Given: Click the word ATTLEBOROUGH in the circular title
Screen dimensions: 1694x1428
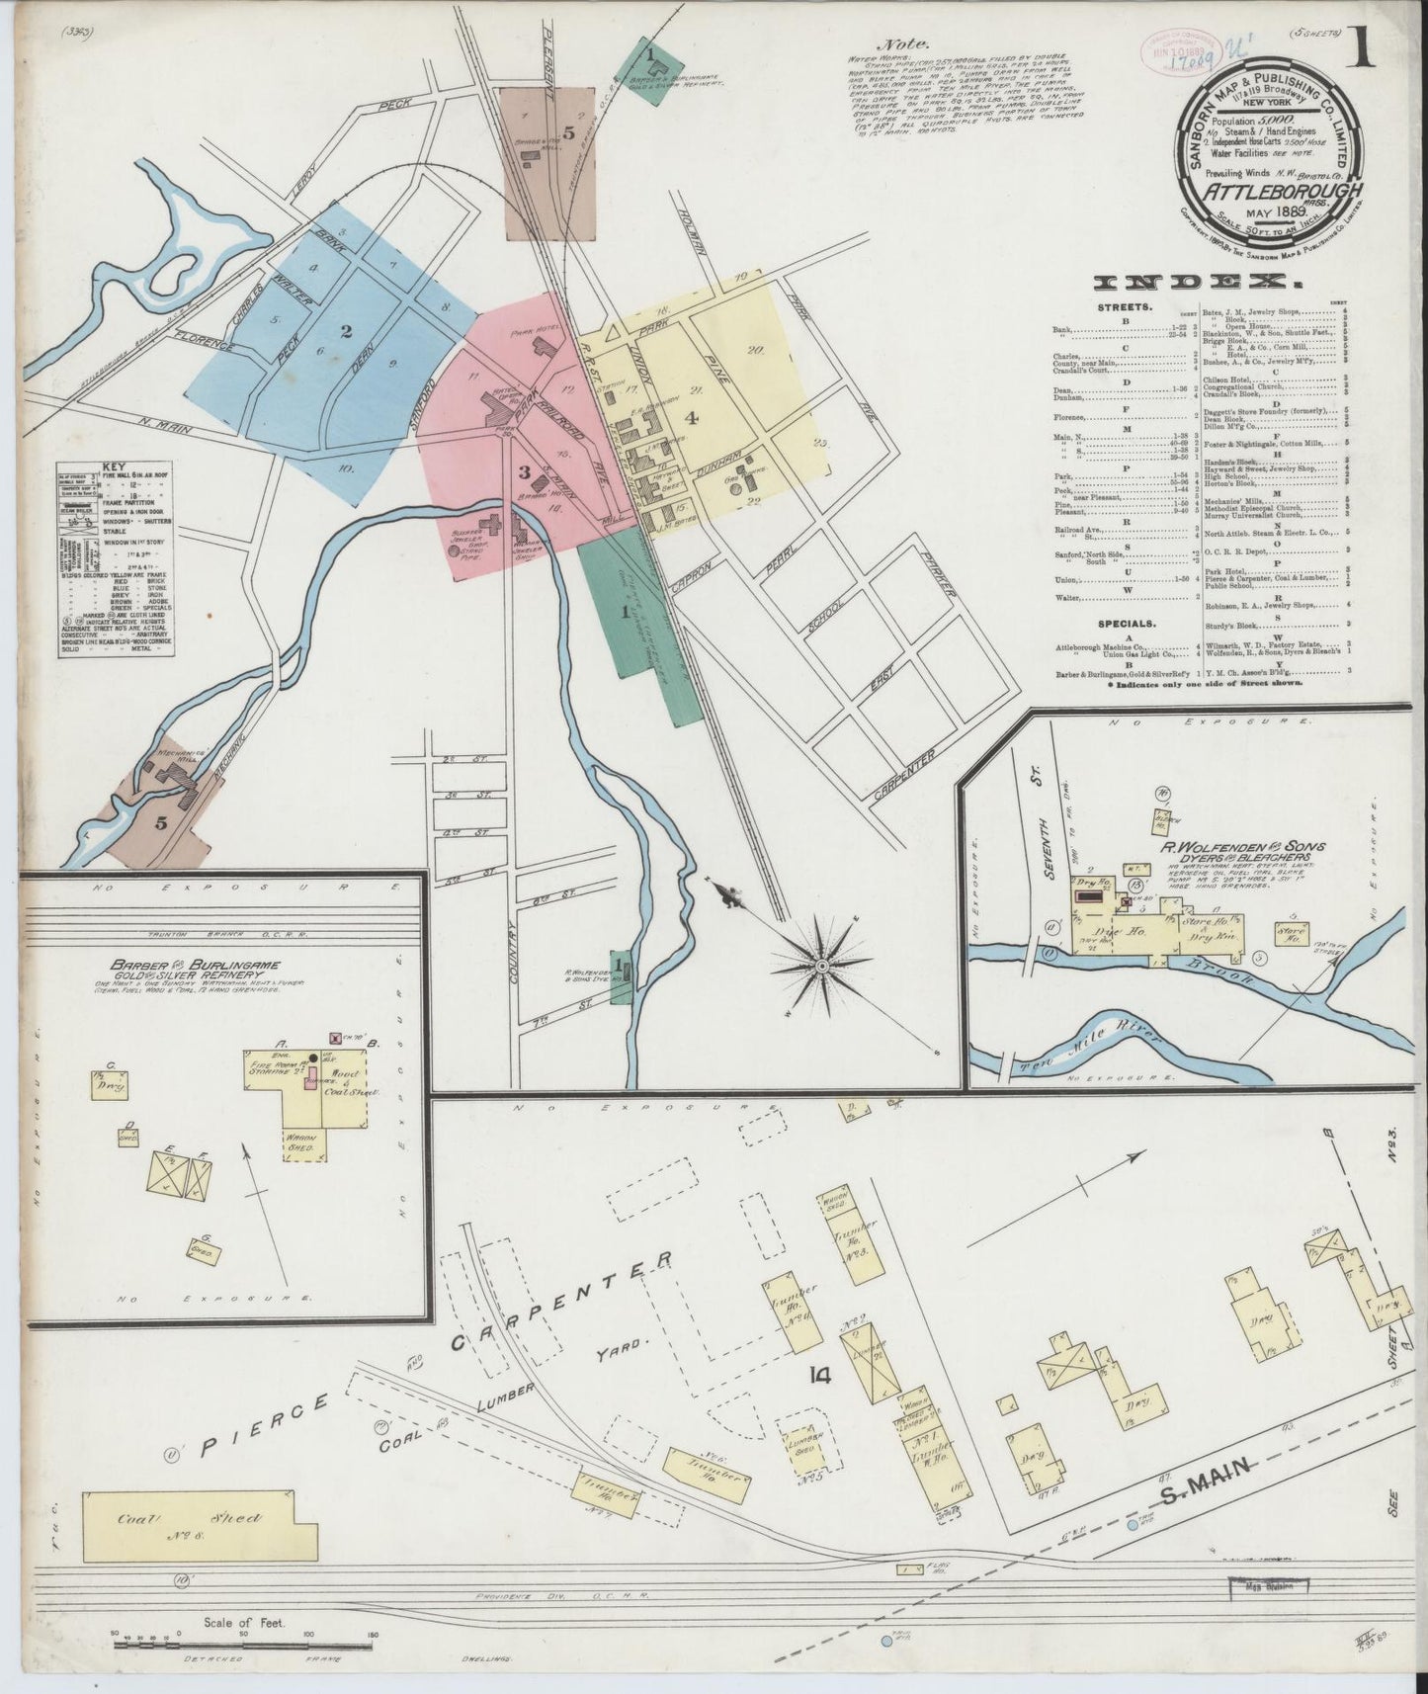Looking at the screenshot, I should tap(1298, 192).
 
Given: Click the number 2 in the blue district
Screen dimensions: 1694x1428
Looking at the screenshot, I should tap(347, 332).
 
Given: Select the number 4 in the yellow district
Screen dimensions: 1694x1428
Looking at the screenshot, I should tap(692, 418).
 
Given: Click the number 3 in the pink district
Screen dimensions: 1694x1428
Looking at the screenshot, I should tap(525, 472).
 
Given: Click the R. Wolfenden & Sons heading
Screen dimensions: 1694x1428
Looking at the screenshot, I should tap(1241, 846).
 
